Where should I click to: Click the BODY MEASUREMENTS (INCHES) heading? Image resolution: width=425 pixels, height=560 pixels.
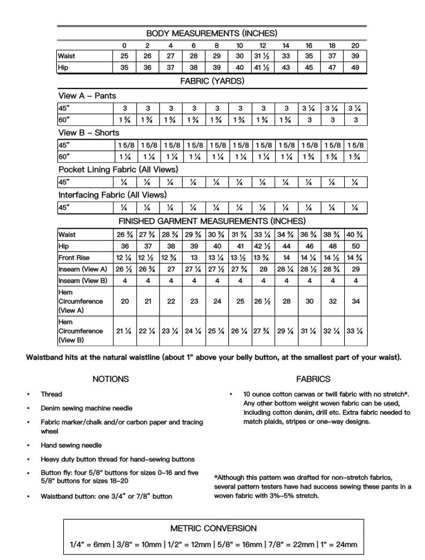coord(212,33)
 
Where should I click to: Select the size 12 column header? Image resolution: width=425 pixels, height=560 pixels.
coord(263,46)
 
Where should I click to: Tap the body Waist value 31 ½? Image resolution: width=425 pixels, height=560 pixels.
coord(263,56)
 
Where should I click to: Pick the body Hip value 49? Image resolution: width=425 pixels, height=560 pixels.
coord(355,67)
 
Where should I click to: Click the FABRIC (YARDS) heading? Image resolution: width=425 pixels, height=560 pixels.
coord(212,81)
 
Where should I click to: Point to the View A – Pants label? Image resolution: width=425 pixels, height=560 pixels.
coord(87,96)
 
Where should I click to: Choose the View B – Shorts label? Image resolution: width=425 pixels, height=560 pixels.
coord(89,133)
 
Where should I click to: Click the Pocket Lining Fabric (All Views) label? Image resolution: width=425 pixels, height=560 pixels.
coord(118,170)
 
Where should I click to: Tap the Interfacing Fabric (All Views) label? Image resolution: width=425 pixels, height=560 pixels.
coord(112,195)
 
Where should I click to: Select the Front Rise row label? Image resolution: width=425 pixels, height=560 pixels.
coord(74,258)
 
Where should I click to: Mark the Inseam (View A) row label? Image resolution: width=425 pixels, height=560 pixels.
coord(83,269)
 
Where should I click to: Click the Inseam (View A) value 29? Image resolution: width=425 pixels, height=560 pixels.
coord(355,269)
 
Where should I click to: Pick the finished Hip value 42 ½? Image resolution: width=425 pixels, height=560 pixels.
coord(263,246)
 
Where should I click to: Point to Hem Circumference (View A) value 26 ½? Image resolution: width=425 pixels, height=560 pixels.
coord(263,301)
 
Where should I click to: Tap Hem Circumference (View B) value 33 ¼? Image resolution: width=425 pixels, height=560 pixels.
coord(355,331)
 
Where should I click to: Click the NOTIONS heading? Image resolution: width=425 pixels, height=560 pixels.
coord(111,379)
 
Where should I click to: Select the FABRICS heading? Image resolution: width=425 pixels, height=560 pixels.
coord(313,379)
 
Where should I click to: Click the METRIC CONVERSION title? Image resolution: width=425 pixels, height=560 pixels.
coord(214,528)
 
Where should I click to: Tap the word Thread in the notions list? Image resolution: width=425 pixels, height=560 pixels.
coord(51,394)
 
